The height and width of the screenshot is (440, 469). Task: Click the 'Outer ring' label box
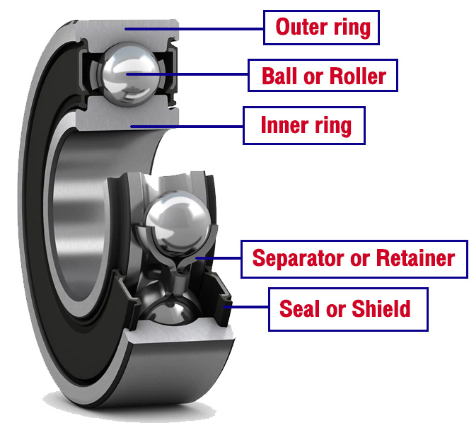[x=323, y=28]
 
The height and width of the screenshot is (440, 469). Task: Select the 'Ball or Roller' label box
[x=323, y=76]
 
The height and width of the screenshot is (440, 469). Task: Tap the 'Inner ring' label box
[x=305, y=126]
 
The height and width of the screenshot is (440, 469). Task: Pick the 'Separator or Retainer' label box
[x=353, y=258]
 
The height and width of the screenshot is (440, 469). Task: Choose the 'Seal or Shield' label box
[x=348, y=309]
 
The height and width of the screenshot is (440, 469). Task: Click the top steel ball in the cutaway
[x=128, y=73]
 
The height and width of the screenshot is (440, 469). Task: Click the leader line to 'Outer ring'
[x=191, y=28]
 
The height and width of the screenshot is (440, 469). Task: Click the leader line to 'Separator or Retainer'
[x=219, y=258]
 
